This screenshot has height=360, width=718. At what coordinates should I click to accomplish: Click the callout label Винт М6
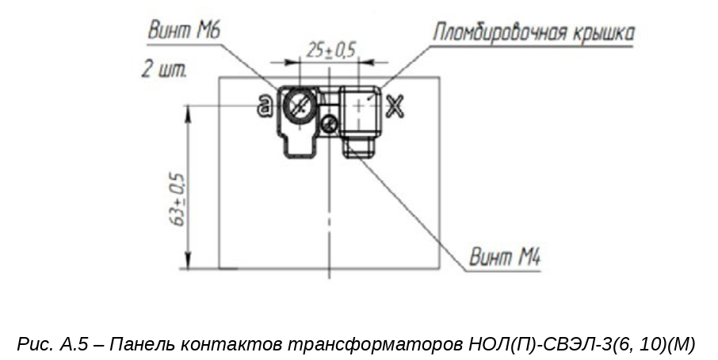185,31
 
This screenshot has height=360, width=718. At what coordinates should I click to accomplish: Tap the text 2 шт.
163,69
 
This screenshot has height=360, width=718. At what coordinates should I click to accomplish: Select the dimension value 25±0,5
330,50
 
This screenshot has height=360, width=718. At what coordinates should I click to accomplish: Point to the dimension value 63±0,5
178,200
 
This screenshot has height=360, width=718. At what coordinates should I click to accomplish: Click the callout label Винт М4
505,258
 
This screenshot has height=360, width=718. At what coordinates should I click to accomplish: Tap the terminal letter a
264,107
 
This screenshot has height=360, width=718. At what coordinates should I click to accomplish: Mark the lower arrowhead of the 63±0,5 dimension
187,261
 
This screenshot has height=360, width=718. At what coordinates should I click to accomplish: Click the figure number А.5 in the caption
73,343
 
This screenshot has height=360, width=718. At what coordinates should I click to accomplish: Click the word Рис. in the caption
36,344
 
